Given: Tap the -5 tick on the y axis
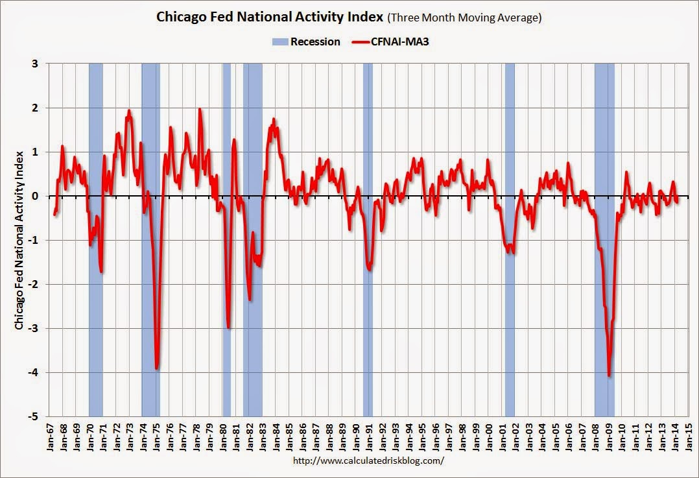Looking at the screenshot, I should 34,416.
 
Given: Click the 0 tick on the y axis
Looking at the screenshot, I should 35,196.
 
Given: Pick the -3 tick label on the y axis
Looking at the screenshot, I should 34,328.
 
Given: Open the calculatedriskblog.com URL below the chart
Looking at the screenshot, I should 370,461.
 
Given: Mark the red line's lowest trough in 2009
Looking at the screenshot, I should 609,375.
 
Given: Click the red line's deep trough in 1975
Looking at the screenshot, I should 157,368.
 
